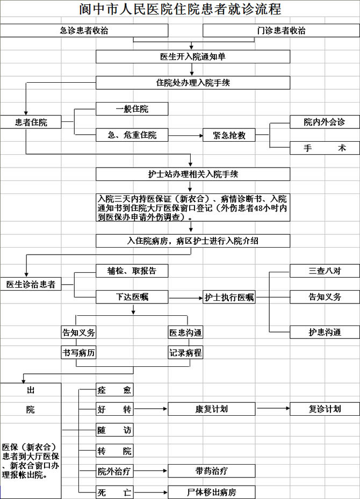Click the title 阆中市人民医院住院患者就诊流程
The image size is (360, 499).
(x=180, y=9)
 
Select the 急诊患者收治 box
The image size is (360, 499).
(x=84, y=31)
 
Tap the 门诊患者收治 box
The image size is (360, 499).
(x=281, y=31)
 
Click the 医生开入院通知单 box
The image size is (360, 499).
(x=193, y=56)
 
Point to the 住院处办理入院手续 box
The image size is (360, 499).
(x=193, y=83)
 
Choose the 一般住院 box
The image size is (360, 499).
(x=132, y=109)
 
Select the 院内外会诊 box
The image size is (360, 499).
(x=325, y=122)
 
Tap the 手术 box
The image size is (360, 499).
(x=325, y=148)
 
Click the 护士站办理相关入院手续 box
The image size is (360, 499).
(x=193, y=174)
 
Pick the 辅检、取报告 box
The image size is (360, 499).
(x=132, y=271)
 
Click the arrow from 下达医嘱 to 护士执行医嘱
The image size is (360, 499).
(x=185, y=297)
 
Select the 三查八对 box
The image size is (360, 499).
(x=325, y=271)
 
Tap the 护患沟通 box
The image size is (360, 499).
(x=325, y=332)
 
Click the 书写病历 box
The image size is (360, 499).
(x=79, y=352)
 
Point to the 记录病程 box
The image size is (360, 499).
(x=185, y=352)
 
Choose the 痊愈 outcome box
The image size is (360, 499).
(x=114, y=389)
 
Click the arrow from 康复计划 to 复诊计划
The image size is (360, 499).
(x=273, y=409)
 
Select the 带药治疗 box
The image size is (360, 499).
(x=211, y=471)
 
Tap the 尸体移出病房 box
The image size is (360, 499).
(x=211, y=491)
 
